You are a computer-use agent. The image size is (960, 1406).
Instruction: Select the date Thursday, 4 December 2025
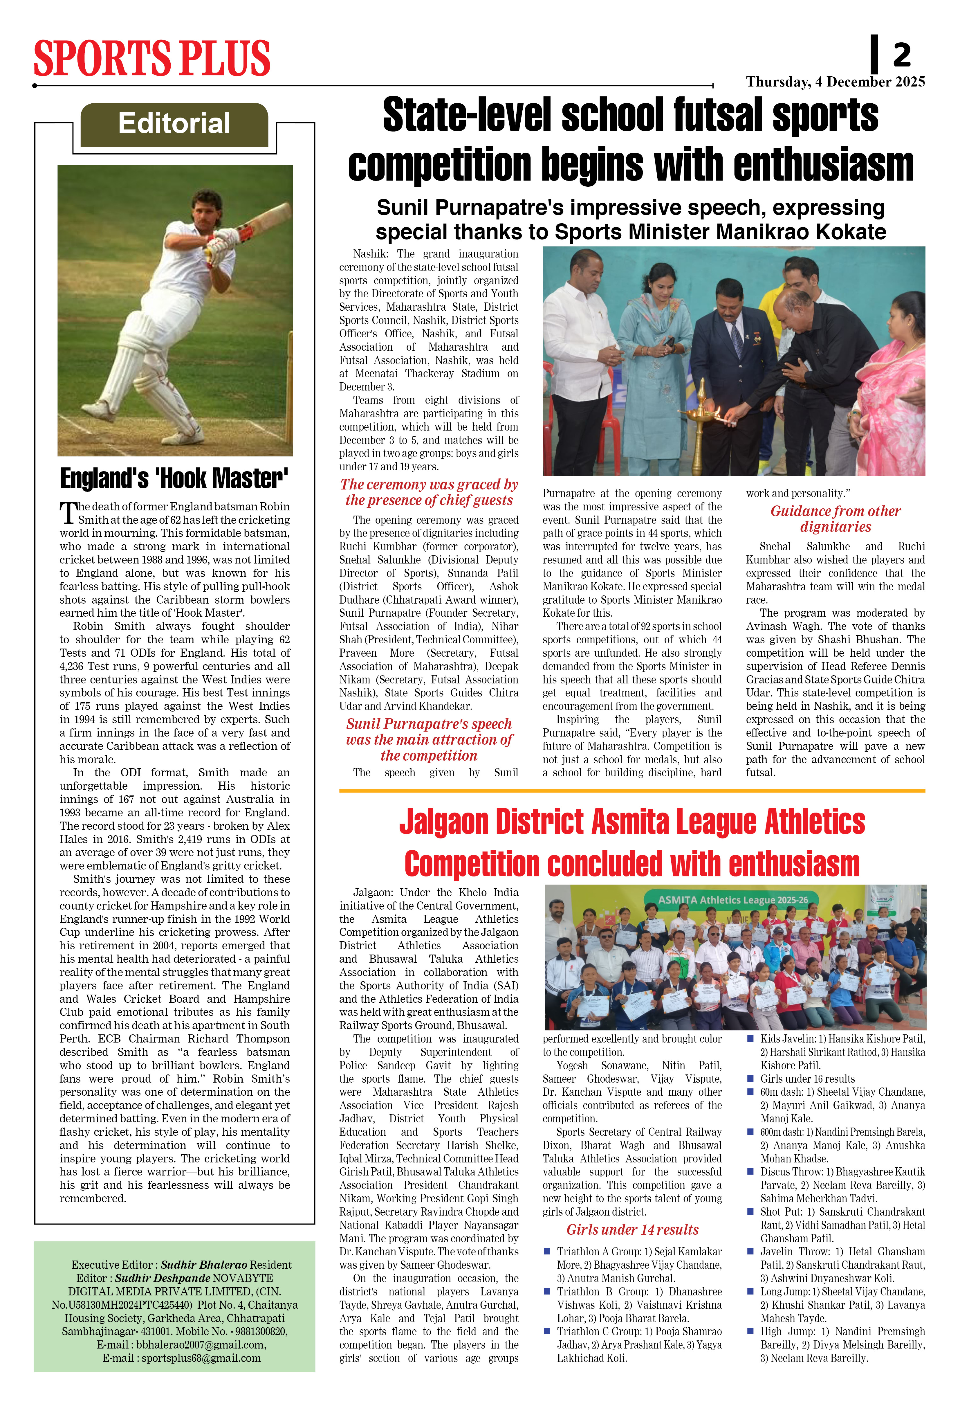click(836, 82)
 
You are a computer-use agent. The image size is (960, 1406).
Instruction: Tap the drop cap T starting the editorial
click(68, 513)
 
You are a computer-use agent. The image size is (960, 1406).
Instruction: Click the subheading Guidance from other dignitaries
click(836, 519)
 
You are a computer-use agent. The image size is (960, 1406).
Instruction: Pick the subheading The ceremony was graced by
click(429, 485)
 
